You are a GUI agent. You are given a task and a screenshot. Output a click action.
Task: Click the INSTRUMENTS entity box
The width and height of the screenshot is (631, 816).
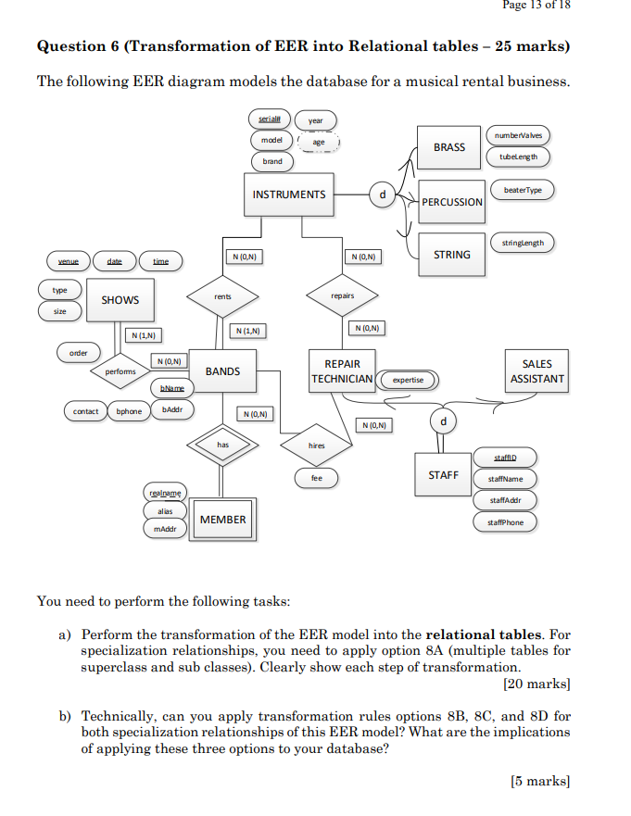click(x=289, y=195)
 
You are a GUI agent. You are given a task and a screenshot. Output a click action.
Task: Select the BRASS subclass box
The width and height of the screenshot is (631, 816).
click(x=449, y=147)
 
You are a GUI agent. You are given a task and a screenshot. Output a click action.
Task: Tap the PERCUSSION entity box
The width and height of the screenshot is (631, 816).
click(x=451, y=202)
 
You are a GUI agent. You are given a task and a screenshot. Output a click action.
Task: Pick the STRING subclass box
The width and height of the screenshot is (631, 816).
click(x=451, y=255)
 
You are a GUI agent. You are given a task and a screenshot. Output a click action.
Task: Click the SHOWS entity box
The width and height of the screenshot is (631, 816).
click(x=120, y=300)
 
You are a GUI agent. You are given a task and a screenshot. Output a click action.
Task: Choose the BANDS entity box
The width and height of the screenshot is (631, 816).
click(x=222, y=371)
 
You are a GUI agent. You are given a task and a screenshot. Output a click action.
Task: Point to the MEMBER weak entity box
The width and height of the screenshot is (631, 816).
click(x=223, y=520)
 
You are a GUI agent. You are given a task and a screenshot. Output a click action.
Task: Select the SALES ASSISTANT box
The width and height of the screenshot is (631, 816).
click(x=536, y=371)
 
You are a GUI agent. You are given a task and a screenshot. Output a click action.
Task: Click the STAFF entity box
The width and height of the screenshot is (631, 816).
click(x=443, y=475)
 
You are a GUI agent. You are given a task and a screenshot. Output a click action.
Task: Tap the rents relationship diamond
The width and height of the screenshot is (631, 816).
click(x=222, y=296)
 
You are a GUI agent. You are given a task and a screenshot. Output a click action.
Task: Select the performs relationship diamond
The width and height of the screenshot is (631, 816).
click(x=120, y=371)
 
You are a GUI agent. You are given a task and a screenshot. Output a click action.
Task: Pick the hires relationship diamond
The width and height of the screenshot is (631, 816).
click(x=316, y=446)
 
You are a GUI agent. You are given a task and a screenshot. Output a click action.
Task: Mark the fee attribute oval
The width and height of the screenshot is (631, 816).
click(x=316, y=478)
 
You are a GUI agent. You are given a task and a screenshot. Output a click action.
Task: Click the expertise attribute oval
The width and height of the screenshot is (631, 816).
click(x=408, y=380)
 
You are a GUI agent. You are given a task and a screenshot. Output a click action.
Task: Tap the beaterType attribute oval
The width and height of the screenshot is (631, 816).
click(x=523, y=190)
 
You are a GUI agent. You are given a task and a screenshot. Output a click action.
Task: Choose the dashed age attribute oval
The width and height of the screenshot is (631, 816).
click(x=319, y=143)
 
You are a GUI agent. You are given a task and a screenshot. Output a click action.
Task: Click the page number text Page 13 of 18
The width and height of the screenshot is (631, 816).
click(x=536, y=6)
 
